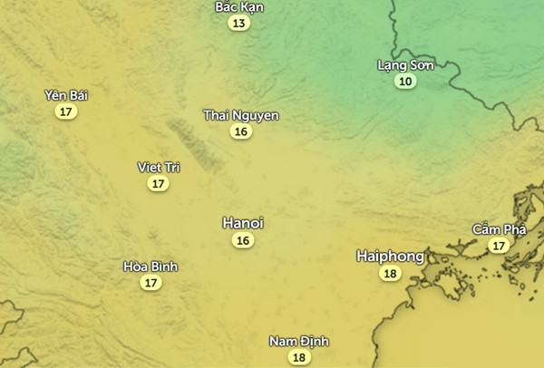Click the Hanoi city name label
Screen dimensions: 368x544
pos(243,223)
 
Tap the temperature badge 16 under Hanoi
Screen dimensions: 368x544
pos(243,240)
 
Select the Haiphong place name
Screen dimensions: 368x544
pos(390,257)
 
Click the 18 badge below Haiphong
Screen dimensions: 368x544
pos(391,274)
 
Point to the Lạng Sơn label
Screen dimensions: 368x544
pos(405,65)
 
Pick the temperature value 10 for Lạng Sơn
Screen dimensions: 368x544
pos(405,82)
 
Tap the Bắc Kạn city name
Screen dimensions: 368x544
pos(239,7)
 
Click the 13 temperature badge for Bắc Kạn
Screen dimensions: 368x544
pos(238,24)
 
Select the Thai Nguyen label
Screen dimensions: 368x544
pos(241,115)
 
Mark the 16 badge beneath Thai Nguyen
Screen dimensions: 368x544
pos(241,131)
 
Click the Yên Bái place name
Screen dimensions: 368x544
pos(66,95)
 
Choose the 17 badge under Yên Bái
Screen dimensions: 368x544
pos(65,111)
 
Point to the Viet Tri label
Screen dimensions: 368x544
pos(159,167)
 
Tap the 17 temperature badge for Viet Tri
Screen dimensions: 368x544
pos(159,183)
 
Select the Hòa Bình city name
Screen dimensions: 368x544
pos(151,266)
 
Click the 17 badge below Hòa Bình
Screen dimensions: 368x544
pos(151,283)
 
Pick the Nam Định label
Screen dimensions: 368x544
pos(299,341)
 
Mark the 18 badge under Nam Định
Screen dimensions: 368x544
pos(299,357)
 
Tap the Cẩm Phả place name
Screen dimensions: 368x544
pos(499,229)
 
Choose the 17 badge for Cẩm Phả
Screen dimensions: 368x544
pos(498,246)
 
